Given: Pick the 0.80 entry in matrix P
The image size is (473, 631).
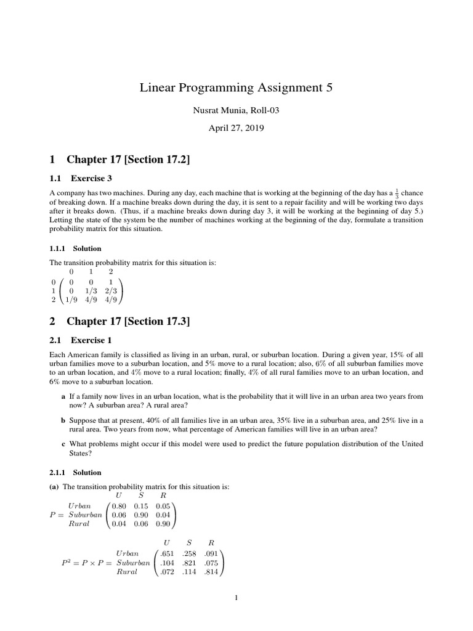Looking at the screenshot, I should [x=119, y=507].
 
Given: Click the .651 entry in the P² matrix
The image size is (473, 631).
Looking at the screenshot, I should [x=167, y=554].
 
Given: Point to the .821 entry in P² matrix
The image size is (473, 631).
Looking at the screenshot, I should [x=189, y=563].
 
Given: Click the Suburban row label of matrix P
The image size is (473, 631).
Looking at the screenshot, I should [x=85, y=515].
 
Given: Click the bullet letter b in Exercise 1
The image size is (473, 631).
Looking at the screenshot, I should [x=63, y=420].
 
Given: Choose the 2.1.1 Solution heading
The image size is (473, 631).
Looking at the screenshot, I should [x=76, y=473].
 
